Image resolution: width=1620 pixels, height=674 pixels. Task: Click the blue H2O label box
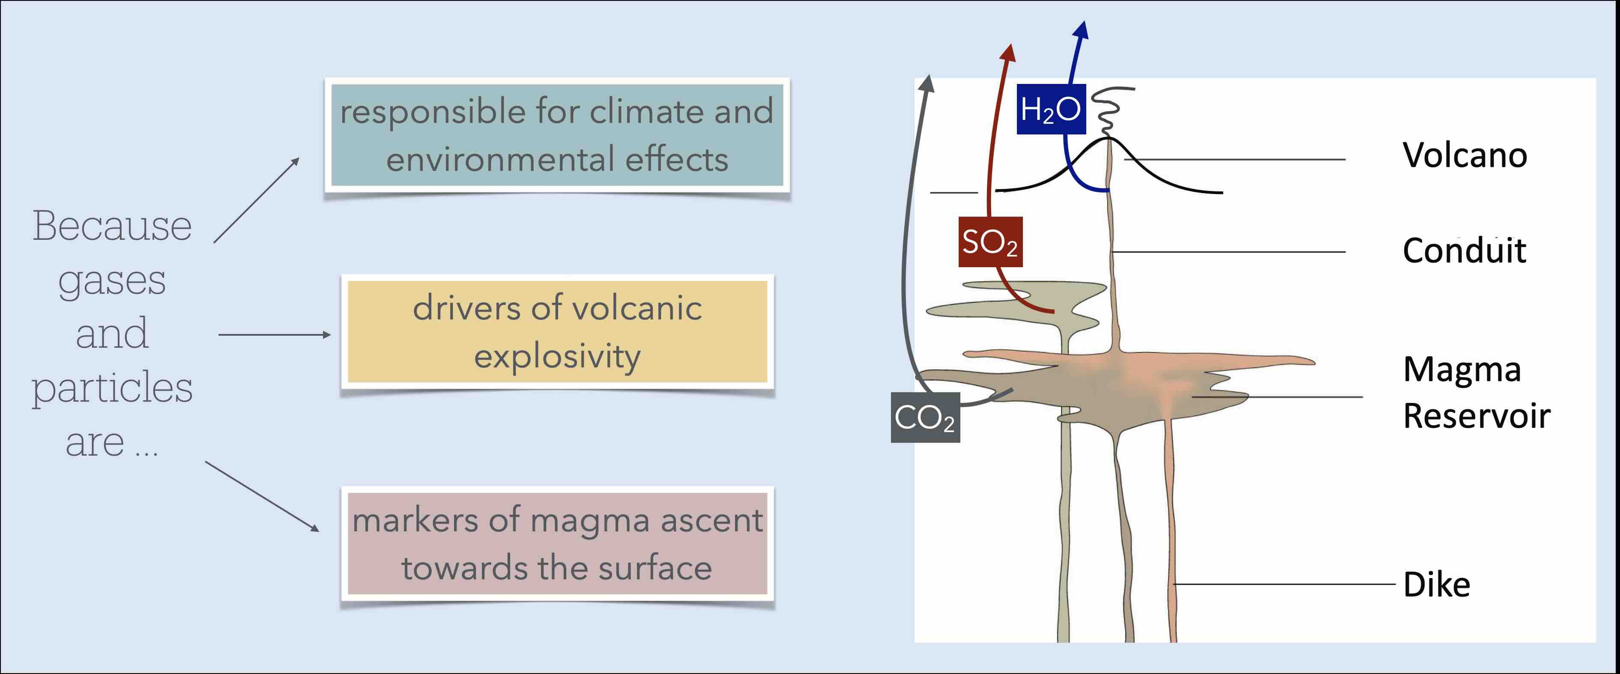[1051, 109]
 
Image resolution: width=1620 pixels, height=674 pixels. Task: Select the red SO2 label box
[990, 242]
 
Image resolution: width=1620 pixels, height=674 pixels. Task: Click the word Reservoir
[1477, 416]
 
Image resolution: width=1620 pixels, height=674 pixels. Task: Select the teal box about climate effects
[556, 135]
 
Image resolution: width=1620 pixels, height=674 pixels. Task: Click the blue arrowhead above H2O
[1082, 30]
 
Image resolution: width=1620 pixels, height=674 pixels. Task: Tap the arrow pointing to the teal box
[257, 200]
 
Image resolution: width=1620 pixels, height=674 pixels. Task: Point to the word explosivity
[557, 357]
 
